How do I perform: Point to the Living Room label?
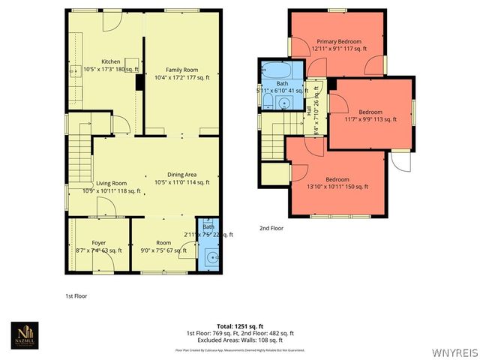[x=110, y=183]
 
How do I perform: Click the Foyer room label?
[x=99, y=242]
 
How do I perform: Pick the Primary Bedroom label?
[x=338, y=41]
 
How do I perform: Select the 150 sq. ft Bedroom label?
[x=337, y=179]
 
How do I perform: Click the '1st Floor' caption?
[x=76, y=296]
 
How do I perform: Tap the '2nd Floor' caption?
[x=271, y=228]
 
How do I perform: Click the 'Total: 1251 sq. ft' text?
[x=240, y=326]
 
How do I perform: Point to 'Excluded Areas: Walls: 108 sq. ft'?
[x=240, y=340]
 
